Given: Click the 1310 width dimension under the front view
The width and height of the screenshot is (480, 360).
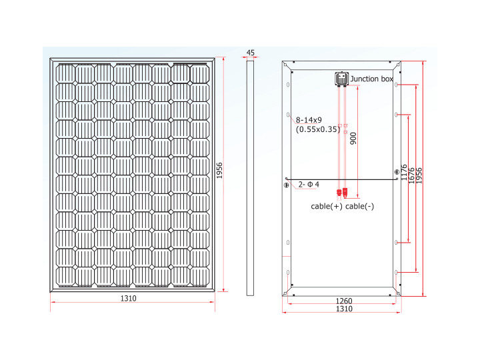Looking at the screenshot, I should click(128, 299).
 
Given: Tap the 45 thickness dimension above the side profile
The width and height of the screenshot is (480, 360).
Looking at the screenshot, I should click(251, 52).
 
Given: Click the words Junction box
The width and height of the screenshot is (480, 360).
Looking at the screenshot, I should click(372, 79).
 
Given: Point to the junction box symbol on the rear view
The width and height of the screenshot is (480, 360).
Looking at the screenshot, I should click(342, 79).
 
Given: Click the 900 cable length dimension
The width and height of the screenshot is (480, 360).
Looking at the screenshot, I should click(353, 138).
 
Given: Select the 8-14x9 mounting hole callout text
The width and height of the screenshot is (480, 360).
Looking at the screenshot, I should click(309, 120).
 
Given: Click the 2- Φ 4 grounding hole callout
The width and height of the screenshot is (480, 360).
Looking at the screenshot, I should click(309, 184).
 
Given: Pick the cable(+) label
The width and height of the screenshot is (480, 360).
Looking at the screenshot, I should click(327, 207).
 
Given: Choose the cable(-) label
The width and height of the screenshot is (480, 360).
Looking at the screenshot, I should click(360, 207).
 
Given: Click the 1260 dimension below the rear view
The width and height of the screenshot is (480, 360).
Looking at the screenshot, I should click(343, 301).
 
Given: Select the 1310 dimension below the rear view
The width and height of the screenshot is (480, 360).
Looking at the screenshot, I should click(343, 309).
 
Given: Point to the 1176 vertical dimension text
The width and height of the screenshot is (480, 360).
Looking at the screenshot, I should click(403, 175).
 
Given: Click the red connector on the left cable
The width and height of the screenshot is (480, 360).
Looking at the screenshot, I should click(339, 193).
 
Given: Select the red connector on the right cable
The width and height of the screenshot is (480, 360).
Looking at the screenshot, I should click(345, 193).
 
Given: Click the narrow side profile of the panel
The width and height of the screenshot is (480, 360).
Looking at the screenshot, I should click(251, 177).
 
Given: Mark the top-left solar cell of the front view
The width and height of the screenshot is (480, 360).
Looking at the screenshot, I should click(66, 73).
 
